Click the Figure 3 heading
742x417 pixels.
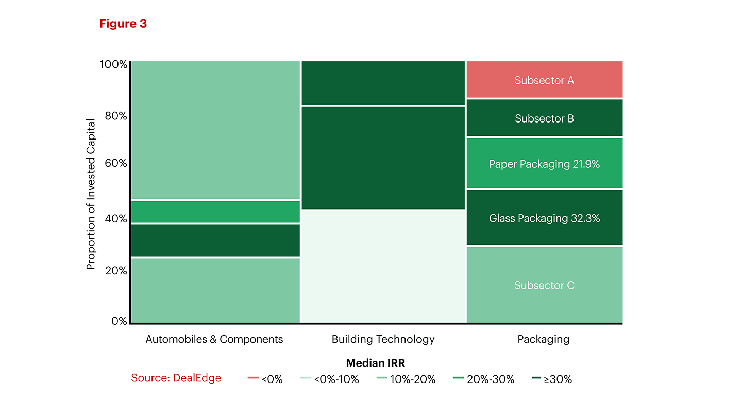(x=123, y=24)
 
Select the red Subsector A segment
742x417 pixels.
(x=544, y=80)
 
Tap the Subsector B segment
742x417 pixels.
(x=544, y=118)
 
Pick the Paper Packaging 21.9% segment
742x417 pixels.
(x=544, y=164)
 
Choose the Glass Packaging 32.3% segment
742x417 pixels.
(x=544, y=218)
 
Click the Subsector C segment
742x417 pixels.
(x=544, y=285)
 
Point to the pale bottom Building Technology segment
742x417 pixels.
(x=383, y=267)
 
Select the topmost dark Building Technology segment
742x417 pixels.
(x=383, y=82)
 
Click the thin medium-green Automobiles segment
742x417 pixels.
(x=215, y=212)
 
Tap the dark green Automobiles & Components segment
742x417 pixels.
(x=215, y=240)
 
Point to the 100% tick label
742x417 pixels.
(x=113, y=64)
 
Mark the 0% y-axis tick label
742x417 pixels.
(x=119, y=321)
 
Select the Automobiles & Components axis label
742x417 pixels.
(x=214, y=339)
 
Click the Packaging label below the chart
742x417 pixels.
(x=544, y=339)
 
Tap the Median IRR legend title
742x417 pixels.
(x=376, y=363)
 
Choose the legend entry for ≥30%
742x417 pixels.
(x=552, y=379)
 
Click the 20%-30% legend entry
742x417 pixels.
(x=484, y=379)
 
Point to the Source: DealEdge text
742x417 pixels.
(x=176, y=378)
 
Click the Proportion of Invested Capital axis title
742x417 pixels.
(x=91, y=194)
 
